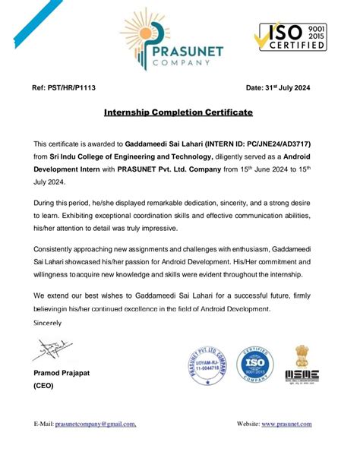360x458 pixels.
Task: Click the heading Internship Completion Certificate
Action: tap(178, 112)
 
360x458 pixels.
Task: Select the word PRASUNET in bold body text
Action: tap(143, 169)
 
